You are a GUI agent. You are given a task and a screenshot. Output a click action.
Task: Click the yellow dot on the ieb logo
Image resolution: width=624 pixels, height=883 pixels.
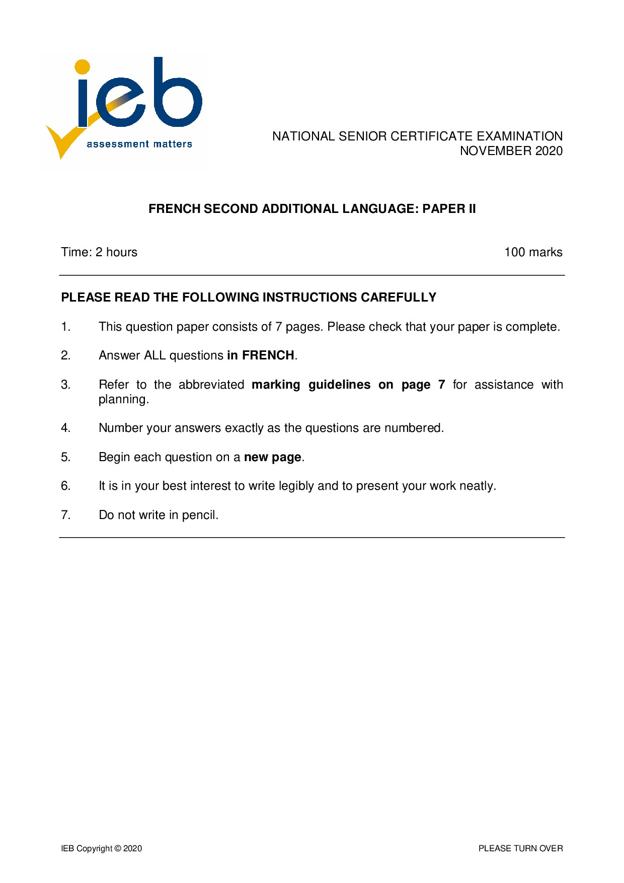tap(82, 67)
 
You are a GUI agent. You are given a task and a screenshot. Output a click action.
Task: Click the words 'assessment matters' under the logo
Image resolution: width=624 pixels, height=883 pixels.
tap(139, 144)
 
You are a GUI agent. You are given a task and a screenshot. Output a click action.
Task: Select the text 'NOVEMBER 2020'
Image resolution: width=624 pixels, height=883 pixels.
tap(511, 151)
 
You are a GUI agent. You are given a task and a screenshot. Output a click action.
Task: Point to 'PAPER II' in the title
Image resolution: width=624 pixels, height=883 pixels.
tap(449, 209)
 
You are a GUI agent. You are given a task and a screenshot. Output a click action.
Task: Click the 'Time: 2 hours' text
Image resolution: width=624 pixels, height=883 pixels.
tap(99, 252)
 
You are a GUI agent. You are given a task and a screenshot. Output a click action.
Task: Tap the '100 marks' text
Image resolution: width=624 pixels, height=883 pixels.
tap(533, 252)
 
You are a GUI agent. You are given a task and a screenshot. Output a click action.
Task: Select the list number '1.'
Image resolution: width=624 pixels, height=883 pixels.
tap(66, 327)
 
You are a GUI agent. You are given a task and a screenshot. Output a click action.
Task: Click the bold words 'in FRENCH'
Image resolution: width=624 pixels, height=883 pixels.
tap(261, 355)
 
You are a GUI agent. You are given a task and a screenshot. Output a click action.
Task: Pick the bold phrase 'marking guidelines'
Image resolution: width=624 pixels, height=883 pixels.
tap(311, 385)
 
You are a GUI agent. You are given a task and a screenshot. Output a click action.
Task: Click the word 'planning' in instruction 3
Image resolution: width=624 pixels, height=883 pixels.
tap(123, 400)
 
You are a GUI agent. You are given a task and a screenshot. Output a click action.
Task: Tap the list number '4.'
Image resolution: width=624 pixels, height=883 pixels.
tap(66, 428)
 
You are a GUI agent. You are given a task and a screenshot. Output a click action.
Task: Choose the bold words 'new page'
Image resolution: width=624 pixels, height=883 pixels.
tap(272, 457)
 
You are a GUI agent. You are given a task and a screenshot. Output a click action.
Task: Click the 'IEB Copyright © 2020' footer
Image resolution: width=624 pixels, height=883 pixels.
tap(101, 848)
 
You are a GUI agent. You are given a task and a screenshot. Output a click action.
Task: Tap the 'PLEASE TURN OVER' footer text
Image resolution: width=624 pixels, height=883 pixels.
tap(520, 848)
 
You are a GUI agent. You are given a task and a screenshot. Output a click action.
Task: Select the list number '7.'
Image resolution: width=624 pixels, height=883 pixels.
tap(66, 515)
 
